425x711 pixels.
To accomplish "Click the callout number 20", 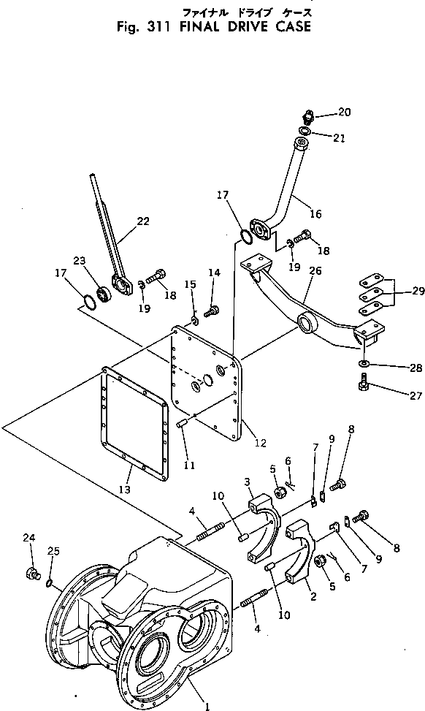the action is click(x=345, y=112).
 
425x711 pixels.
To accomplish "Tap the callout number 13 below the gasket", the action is click(x=125, y=490).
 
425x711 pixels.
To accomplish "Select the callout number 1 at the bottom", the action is click(x=207, y=707).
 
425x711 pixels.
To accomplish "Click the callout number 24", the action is click(x=29, y=538).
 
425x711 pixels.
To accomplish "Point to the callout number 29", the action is click(x=418, y=291).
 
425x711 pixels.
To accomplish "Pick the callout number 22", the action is click(x=143, y=221).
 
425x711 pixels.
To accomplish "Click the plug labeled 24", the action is click(x=31, y=573).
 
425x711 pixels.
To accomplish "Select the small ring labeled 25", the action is click(x=49, y=583).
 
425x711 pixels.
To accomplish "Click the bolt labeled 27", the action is click(x=362, y=382).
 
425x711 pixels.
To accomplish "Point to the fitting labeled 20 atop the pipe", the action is click(x=309, y=117).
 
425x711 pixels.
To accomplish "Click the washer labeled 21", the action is click(x=305, y=131).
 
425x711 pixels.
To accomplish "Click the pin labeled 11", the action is click(x=181, y=425).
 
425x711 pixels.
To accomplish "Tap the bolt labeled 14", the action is click(x=211, y=312).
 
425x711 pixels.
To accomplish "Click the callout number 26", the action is click(x=315, y=270).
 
